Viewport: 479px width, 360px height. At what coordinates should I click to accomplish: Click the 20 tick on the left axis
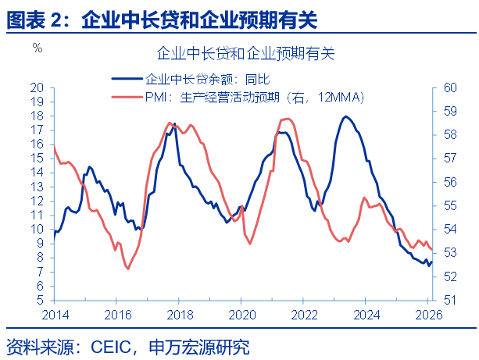[x=37, y=87]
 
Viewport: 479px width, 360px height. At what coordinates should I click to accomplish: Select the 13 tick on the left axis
[x=37, y=187]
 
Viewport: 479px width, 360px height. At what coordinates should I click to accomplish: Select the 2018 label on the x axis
[x=180, y=314]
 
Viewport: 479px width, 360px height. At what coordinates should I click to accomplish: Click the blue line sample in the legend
[x=127, y=78]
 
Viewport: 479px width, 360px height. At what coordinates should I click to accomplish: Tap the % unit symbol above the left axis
[x=37, y=48]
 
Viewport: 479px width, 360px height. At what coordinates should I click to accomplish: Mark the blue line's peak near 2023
[x=345, y=116]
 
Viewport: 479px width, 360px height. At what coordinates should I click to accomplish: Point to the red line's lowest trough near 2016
[x=127, y=269]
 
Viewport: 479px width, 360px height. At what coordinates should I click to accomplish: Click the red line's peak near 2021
[x=287, y=119]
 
